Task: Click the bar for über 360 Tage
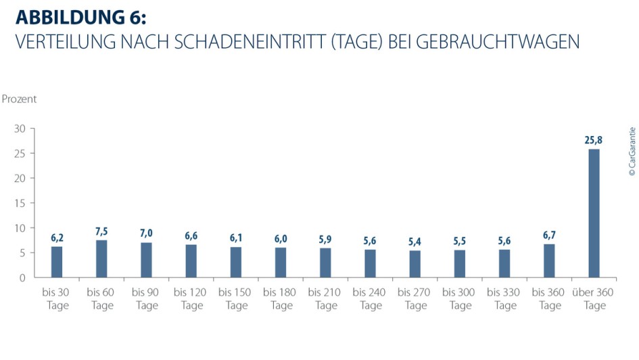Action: pos(594,213)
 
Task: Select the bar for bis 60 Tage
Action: pos(101,258)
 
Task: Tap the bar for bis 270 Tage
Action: pos(415,264)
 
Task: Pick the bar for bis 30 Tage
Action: pos(56,262)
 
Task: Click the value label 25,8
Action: pos(594,141)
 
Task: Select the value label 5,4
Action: pos(415,242)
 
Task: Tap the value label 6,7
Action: pos(549,236)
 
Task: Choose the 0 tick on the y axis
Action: pos(22,277)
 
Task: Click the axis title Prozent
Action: pos(20,99)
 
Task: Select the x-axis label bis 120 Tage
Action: pos(191,299)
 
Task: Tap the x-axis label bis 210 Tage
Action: pos(325,299)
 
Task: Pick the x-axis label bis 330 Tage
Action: pos(504,299)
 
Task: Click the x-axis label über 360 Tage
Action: pos(594,299)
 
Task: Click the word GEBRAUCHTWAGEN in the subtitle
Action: pos(498,42)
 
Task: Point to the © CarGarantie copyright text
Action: pos(632,152)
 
